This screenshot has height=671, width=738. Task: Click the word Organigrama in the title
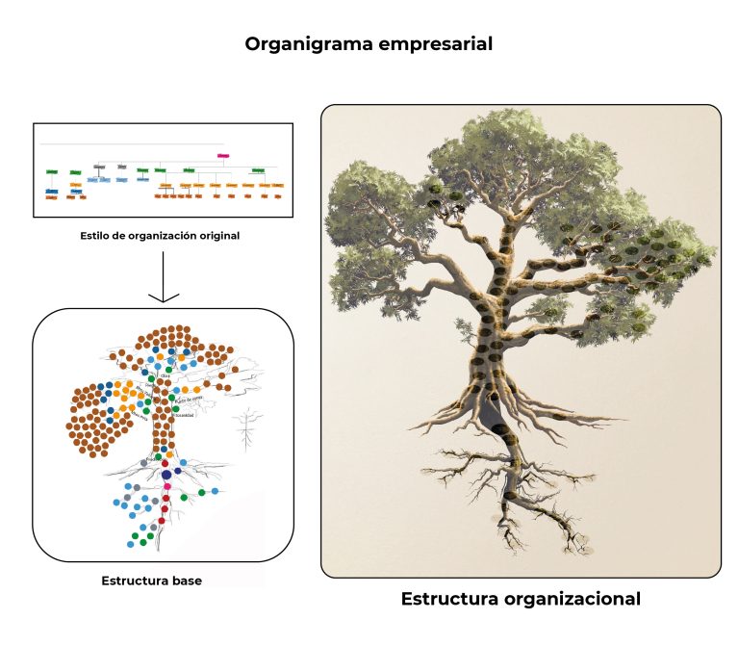[x=299, y=44]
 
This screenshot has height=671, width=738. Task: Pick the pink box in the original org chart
[x=223, y=155]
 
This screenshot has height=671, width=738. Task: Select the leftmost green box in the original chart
[x=51, y=171]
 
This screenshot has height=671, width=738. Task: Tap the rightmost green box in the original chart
[x=257, y=170]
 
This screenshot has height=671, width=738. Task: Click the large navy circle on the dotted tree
[x=166, y=475]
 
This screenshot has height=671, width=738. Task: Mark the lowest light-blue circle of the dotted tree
[x=131, y=544]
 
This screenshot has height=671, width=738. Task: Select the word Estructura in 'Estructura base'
[x=133, y=581]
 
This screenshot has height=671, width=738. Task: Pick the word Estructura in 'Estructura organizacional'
[x=448, y=599]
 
